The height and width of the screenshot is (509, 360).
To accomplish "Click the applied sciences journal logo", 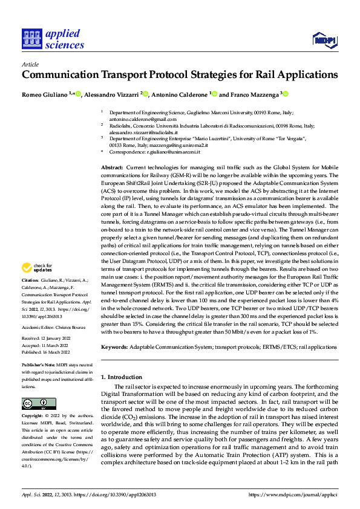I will pos(53,38).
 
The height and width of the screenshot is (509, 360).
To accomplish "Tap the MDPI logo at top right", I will pos(324,40).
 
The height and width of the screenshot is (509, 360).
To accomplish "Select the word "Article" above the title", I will pos(30,63).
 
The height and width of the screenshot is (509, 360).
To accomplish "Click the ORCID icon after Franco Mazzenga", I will pos(286,94).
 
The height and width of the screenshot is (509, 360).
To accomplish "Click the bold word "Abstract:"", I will pos(112,166).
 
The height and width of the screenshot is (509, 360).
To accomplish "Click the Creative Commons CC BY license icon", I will pos(39,404).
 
